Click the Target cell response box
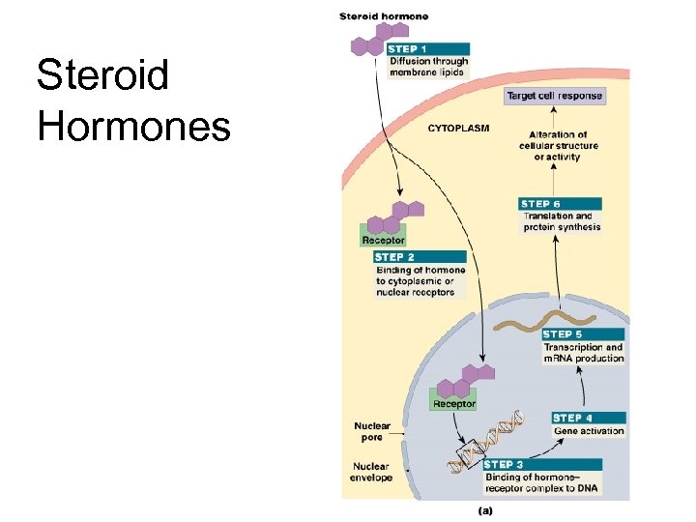tap(555, 96)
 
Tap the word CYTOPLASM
tap(459, 128)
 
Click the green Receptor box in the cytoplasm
tap(383, 239)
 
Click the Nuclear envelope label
tap(371, 472)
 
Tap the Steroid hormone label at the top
tap(384, 16)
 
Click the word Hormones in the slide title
tap(134, 126)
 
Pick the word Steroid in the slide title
tap(102, 74)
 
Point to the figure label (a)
tap(485, 508)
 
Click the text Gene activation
tap(589, 431)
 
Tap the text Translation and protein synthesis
tap(562, 222)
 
